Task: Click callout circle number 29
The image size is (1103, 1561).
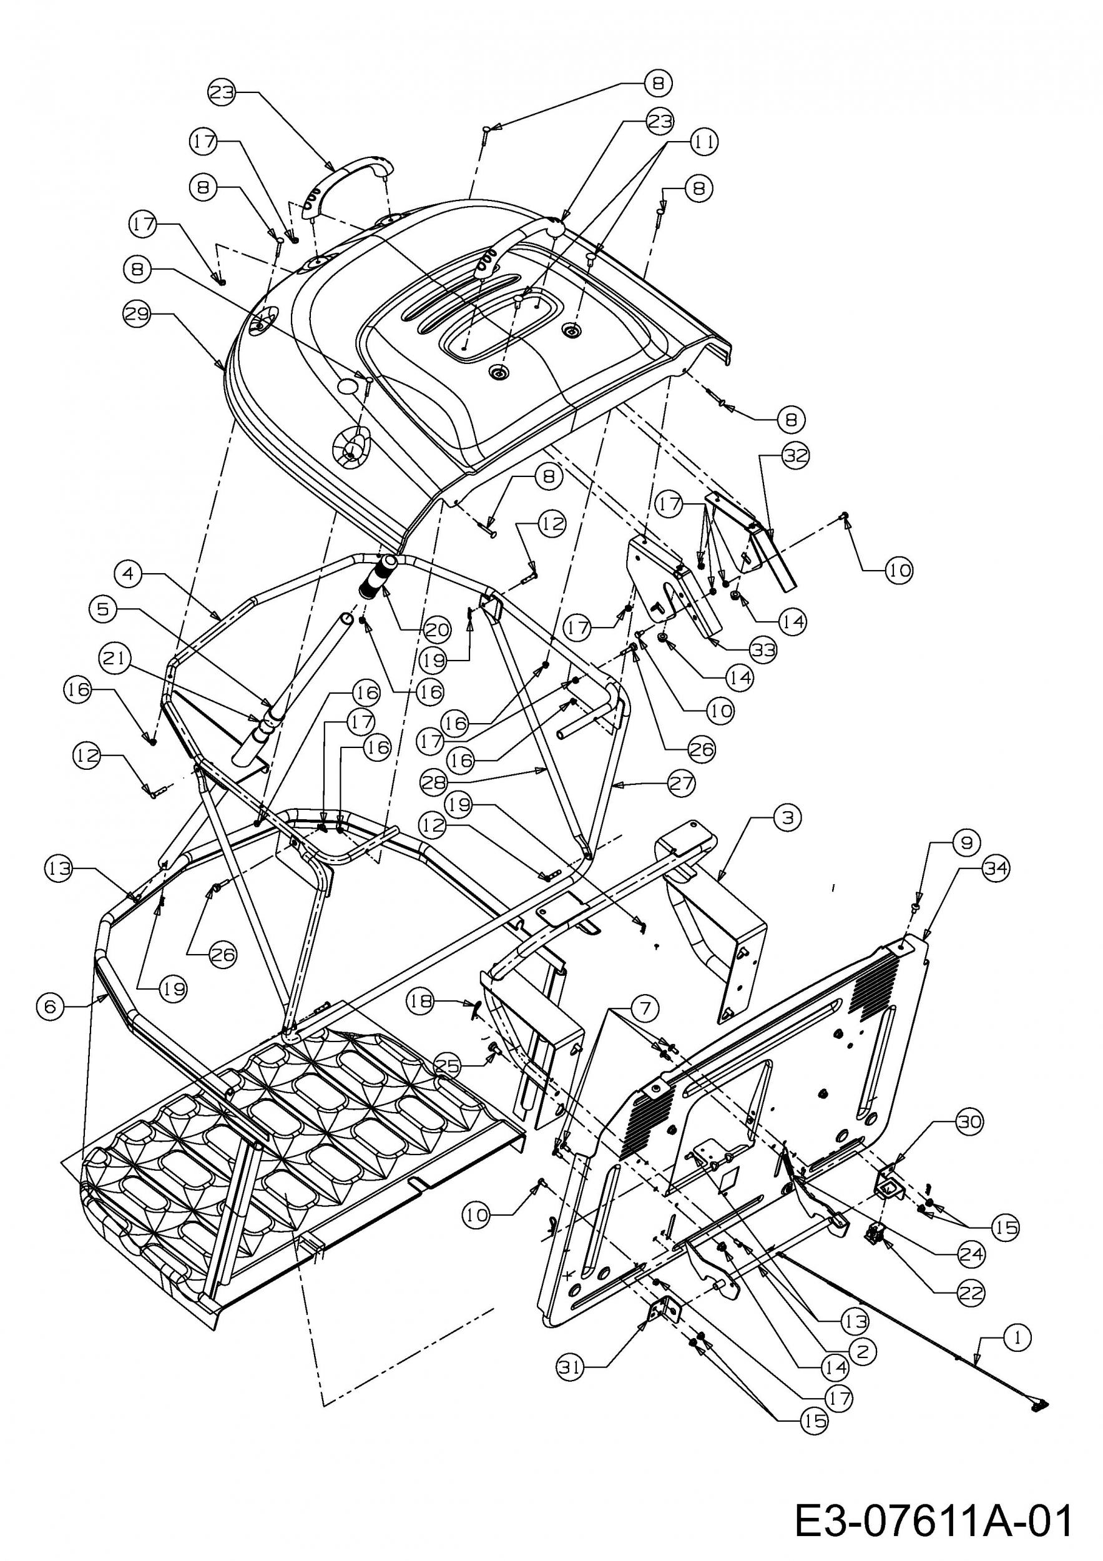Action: coord(137,314)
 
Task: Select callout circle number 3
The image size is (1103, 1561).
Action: coord(788,817)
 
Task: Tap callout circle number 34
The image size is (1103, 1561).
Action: coord(996,869)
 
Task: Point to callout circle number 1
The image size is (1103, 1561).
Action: coord(1017,1338)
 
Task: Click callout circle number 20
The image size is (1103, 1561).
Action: coord(437,629)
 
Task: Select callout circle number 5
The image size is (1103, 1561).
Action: coord(102,609)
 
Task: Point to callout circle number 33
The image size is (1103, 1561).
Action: coord(763,651)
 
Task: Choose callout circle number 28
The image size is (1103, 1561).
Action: coord(434,782)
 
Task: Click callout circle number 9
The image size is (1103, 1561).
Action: coord(966,842)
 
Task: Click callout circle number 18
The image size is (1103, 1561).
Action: coord(421,1002)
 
